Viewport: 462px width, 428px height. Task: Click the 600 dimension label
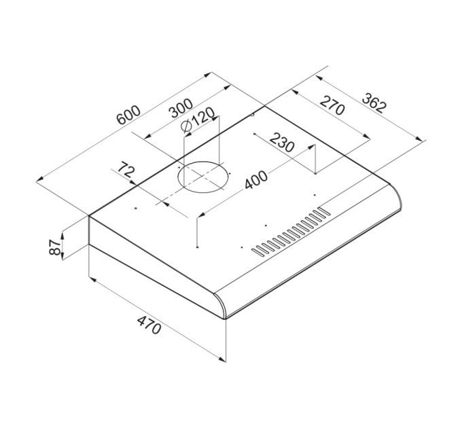tap(128, 115)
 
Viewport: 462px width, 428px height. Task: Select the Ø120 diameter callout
tap(198, 120)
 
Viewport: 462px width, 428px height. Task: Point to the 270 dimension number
tap(332, 105)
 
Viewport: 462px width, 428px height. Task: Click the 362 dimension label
tap(374, 103)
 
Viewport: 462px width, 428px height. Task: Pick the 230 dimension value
tap(282, 142)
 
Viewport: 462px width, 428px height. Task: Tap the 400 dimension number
tap(256, 179)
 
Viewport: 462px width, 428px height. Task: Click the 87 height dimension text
tap(55, 247)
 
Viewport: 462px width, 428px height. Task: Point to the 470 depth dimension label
tap(149, 325)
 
